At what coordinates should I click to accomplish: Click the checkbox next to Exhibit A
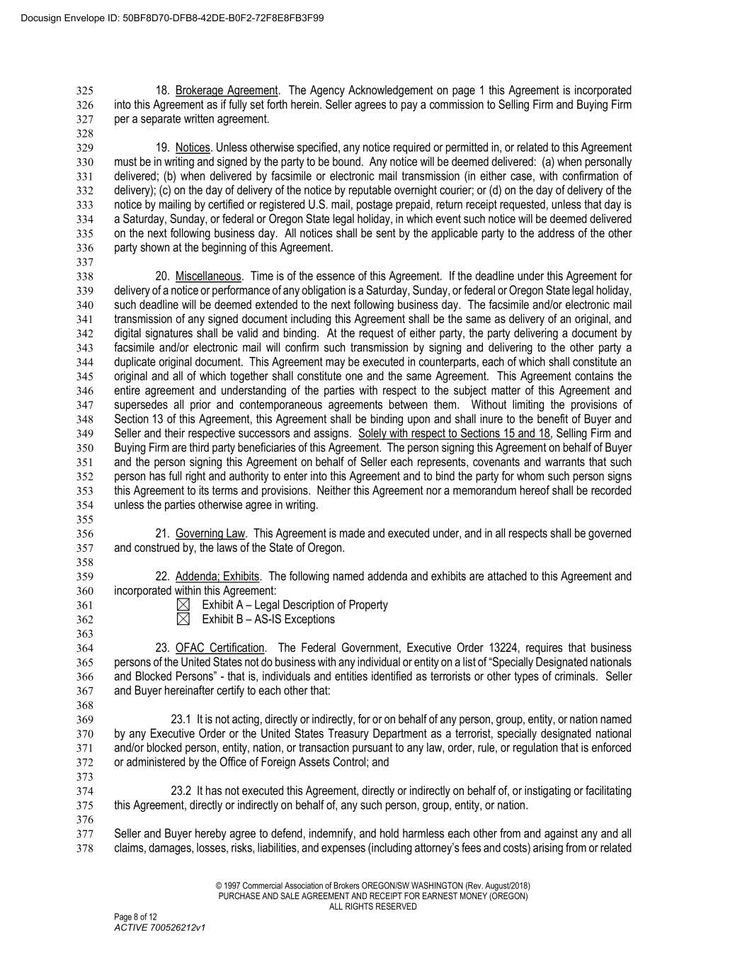click(x=183, y=605)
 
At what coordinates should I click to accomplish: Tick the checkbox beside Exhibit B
click(x=183, y=619)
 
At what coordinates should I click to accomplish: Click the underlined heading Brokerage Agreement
click(x=227, y=91)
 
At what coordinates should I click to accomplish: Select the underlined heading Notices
click(x=193, y=148)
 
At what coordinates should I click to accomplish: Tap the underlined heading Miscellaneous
click(x=208, y=276)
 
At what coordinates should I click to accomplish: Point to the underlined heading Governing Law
click(x=210, y=533)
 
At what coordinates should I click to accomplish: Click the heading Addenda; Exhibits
click(x=217, y=577)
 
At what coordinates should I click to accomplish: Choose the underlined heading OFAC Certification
click(x=219, y=648)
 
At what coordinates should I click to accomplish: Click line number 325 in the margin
click(x=84, y=91)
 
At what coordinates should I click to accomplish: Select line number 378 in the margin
click(x=84, y=849)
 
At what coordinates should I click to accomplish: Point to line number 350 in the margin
click(x=84, y=448)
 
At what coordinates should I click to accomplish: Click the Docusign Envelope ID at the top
click(x=164, y=18)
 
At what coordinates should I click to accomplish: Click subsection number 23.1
click(x=182, y=720)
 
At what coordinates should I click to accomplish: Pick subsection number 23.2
click(x=182, y=791)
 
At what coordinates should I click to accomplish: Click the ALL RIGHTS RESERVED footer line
click(x=373, y=906)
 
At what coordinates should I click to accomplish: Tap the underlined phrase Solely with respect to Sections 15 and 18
click(x=454, y=434)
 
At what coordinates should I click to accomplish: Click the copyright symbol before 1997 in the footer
click(x=219, y=886)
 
